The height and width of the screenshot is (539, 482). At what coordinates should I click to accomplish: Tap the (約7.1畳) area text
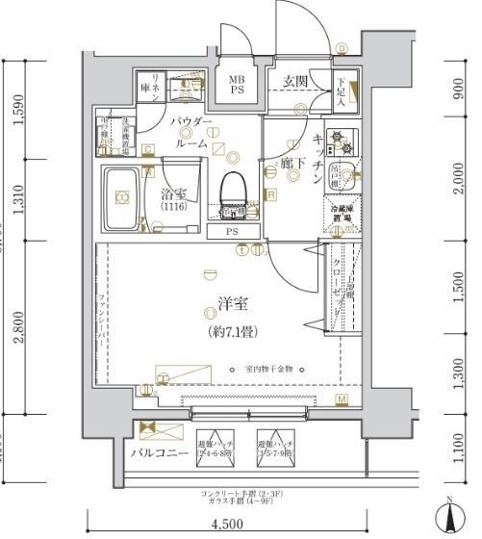point(232,332)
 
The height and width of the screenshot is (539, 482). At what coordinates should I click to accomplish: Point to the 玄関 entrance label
point(295,82)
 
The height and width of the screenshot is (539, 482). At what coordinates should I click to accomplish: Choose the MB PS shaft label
point(237,85)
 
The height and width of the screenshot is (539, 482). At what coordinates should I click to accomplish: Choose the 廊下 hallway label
point(293,165)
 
